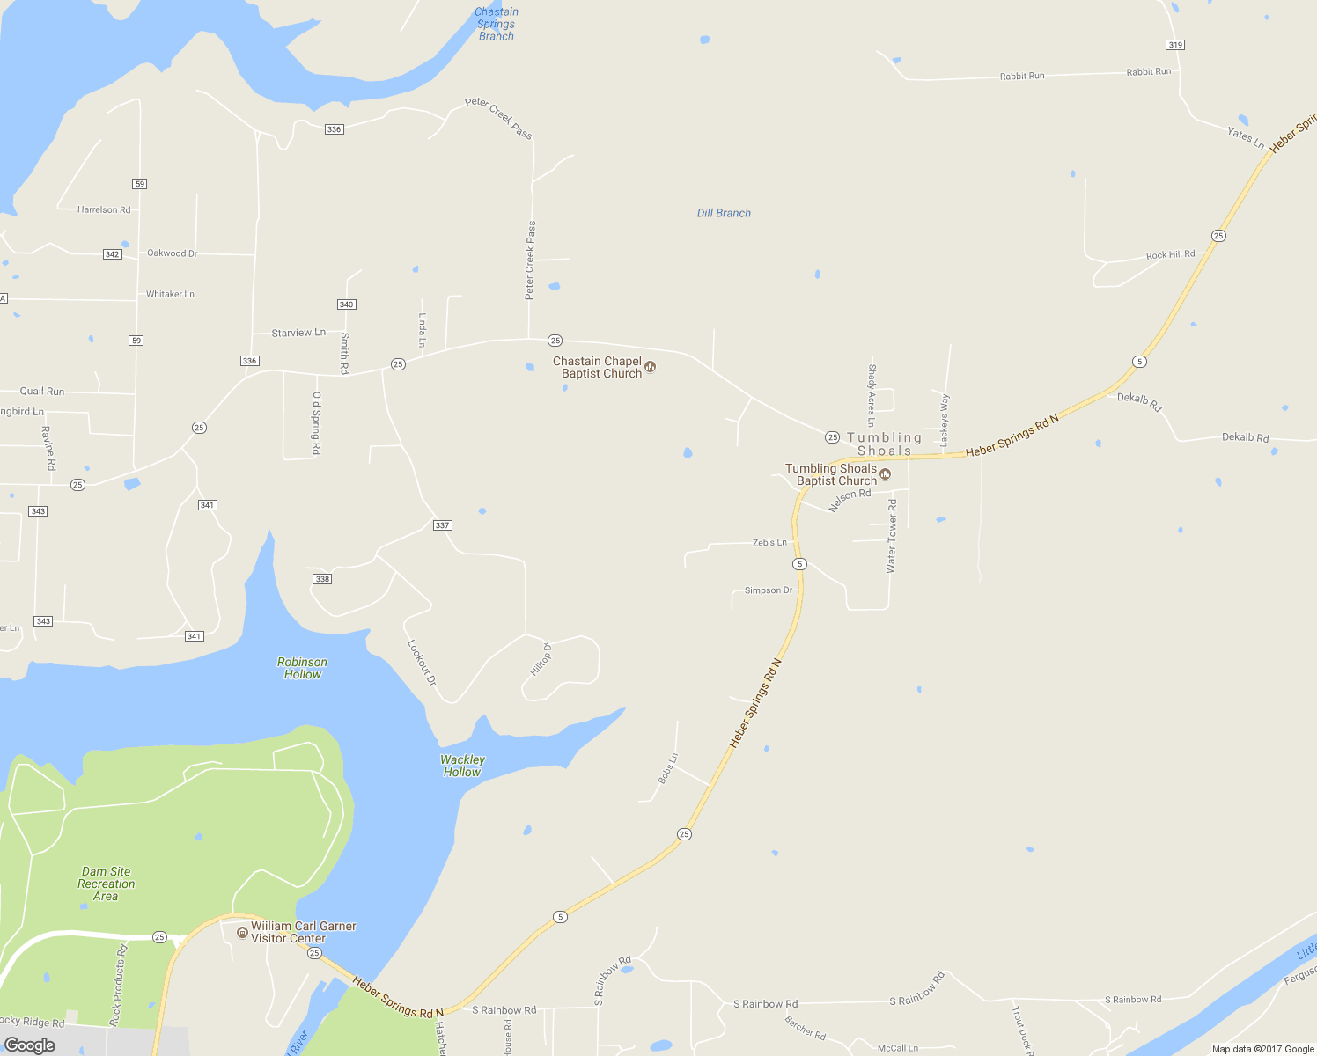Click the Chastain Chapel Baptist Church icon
651,367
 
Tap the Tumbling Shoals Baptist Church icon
886,474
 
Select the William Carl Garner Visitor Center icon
243,932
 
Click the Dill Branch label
724,213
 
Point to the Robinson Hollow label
302,668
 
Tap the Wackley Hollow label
462,766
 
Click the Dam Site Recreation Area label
106,884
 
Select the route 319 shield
1175,45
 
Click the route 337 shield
442,525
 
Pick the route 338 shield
322,579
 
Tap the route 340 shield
346,304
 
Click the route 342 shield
112,254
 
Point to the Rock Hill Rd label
1170,255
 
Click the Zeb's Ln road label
769,543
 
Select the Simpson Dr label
769,590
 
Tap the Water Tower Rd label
892,537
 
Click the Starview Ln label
298,333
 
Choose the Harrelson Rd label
104,209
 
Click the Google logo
30,1045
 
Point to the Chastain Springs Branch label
496,24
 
